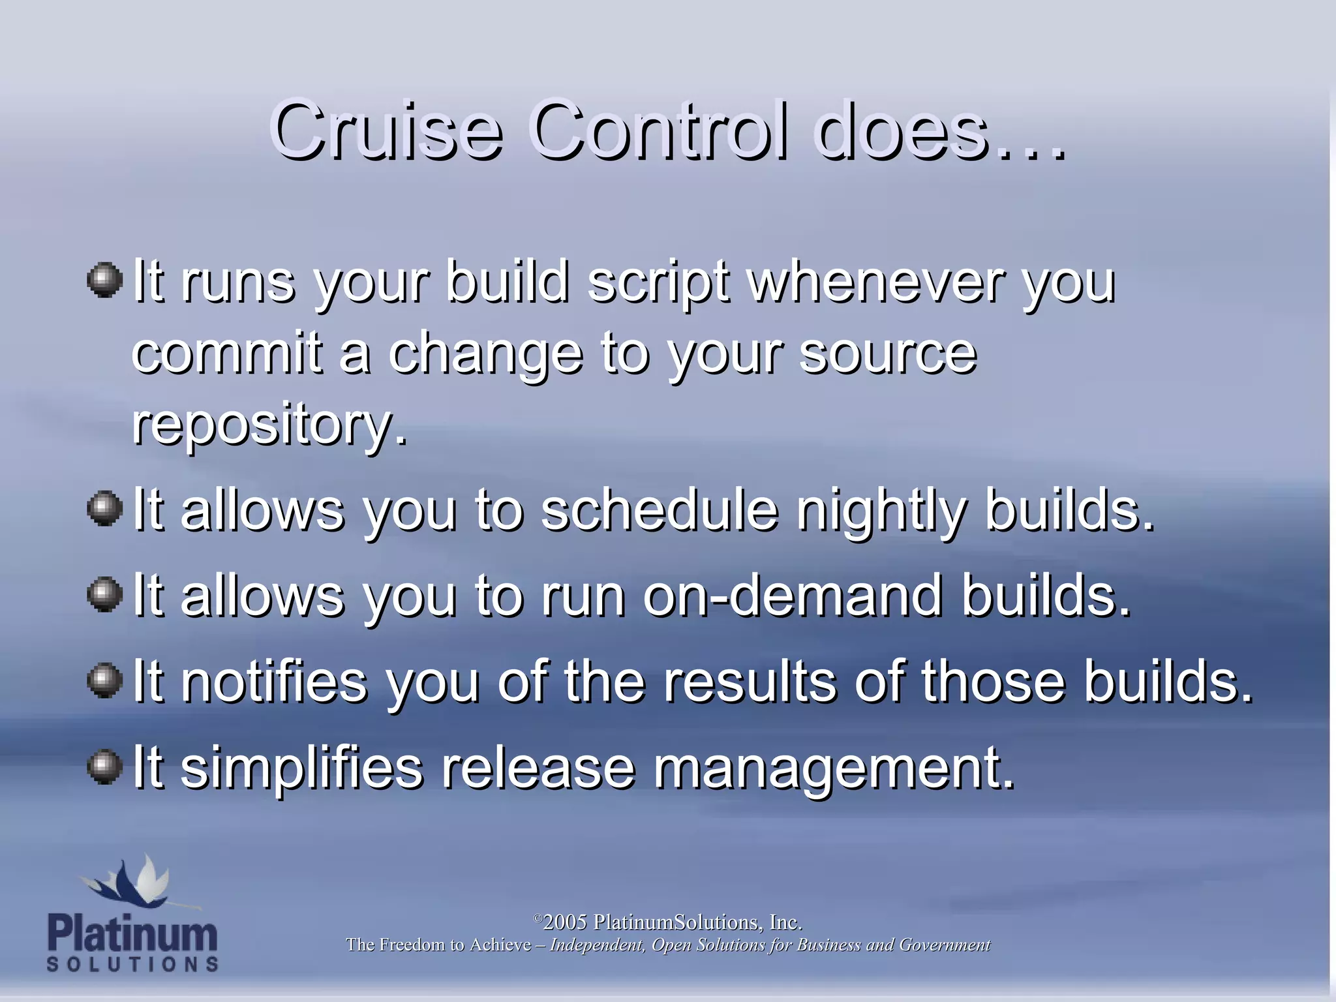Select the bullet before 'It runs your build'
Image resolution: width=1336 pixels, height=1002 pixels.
point(104,280)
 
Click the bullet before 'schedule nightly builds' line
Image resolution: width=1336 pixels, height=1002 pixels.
point(104,508)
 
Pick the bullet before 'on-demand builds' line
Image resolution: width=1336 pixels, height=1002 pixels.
point(104,594)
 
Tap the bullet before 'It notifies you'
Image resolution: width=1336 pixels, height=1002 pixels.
point(104,680)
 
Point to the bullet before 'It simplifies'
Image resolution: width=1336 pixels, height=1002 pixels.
point(104,767)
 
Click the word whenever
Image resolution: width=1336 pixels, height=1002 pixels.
point(874,282)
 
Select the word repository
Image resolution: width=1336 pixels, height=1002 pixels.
point(269,426)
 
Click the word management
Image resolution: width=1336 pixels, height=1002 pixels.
point(834,768)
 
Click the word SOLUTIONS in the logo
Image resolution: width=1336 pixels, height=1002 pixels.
point(132,964)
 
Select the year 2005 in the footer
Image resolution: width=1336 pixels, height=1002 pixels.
point(565,922)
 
